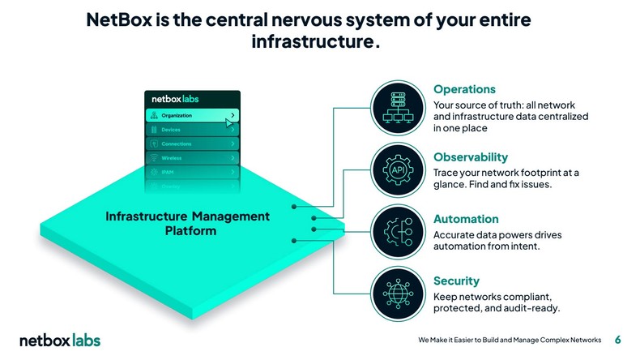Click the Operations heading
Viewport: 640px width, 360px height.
[464, 89]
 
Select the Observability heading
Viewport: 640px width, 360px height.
[471, 156]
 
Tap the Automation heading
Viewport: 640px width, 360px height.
[466, 219]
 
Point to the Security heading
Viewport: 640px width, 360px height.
[456, 281]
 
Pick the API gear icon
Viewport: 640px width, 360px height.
[399, 172]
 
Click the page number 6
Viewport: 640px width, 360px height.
[618, 340]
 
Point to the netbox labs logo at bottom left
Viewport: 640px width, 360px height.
[60, 340]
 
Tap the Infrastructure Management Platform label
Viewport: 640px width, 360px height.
[187, 224]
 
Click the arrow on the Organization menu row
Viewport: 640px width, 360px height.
[233, 115]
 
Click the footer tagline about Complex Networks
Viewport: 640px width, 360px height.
[510, 340]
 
